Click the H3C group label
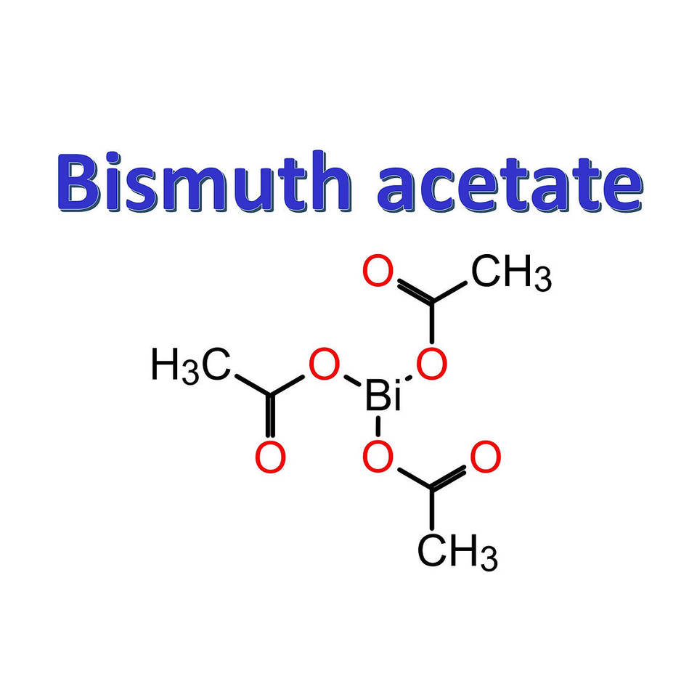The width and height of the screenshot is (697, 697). point(191,364)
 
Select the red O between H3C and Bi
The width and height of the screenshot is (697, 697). point(324,365)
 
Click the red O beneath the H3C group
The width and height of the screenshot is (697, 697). point(270,457)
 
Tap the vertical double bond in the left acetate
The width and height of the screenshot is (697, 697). point(270,417)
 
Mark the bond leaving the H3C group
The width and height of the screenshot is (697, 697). point(248,383)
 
